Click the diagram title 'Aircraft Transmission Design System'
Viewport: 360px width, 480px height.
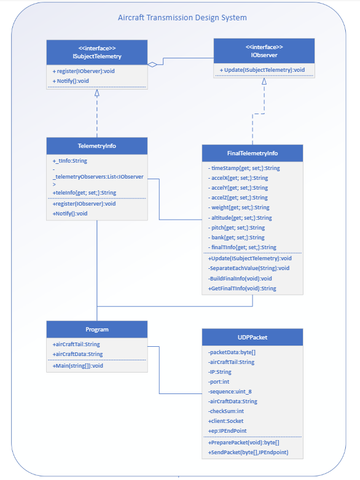182,18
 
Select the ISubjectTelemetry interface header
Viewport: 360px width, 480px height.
97,52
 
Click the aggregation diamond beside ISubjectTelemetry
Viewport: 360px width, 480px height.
152,63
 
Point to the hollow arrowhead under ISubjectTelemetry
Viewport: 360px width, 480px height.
97,93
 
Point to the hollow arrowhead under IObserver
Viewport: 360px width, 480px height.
264,81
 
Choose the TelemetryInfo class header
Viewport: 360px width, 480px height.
97,146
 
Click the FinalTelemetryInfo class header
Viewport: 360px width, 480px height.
252,153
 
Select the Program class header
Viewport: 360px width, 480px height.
97,330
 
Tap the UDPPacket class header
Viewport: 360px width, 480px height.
252,337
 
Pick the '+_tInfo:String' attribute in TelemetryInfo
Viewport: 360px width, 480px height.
70,161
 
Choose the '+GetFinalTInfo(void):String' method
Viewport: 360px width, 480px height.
241,288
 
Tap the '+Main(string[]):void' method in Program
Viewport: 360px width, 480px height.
78,365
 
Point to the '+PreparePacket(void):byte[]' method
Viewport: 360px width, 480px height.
243,442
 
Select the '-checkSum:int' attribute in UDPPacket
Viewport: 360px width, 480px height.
227,411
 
